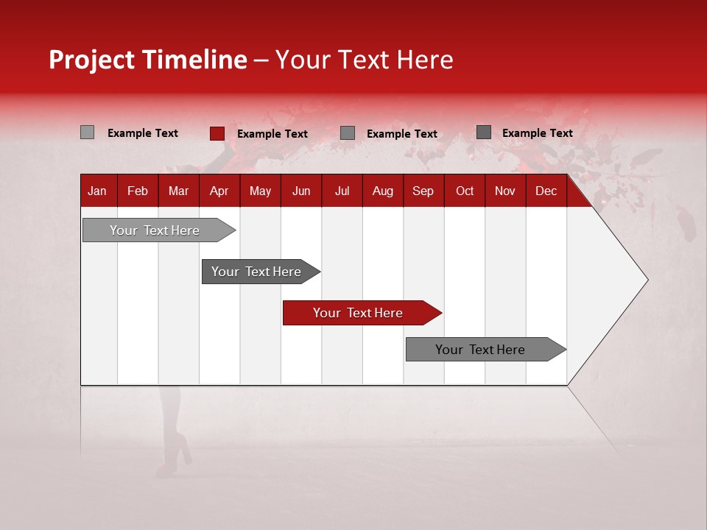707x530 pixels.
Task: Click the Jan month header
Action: click(97, 191)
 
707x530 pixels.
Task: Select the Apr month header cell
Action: click(219, 191)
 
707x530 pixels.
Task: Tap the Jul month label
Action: click(342, 191)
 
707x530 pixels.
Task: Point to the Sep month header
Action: click(423, 191)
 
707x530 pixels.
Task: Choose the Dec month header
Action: click(546, 191)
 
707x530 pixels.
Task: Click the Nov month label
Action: click(505, 191)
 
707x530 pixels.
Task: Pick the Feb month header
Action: click(138, 191)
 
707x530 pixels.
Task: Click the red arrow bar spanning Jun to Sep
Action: click(359, 313)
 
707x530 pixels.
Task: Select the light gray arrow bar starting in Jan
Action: click(155, 230)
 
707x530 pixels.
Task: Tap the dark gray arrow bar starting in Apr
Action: click(256, 272)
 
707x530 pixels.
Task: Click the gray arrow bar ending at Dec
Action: click(481, 350)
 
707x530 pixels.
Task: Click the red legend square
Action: click(217, 133)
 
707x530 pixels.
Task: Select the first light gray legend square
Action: click(87, 132)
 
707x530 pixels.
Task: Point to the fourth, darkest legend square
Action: click(483, 132)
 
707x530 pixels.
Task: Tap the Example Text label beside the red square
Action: click(272, 134)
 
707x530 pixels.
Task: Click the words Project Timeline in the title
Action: click(147, 60)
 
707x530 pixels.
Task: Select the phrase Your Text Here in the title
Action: click(365, 60)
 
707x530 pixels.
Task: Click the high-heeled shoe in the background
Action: click(177, 453)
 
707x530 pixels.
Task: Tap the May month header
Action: click(260, 191)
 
